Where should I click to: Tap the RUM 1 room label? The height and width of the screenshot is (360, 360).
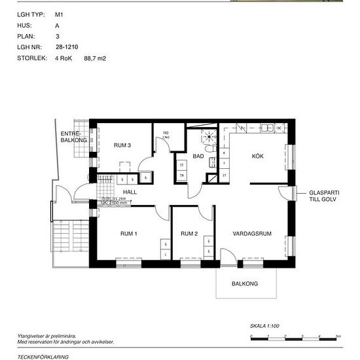(x=128, y=234)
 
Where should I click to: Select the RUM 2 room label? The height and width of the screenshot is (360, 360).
(x=189, y=234)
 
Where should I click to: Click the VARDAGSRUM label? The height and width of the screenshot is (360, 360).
(x=252, y=234)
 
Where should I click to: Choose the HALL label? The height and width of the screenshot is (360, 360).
(x=130, y=192)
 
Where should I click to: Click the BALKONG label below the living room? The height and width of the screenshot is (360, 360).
(x=245, y=283)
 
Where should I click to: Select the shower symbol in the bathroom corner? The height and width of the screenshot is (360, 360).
(x=209, y=136)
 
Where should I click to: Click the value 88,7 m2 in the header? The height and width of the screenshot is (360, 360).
(x=95, y=58)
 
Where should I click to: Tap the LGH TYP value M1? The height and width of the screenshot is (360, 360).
(x=59, y=13)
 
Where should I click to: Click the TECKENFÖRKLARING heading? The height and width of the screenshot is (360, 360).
(x=43, y=357)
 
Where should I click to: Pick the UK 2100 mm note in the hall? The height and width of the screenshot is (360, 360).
(x=115, y=204)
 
